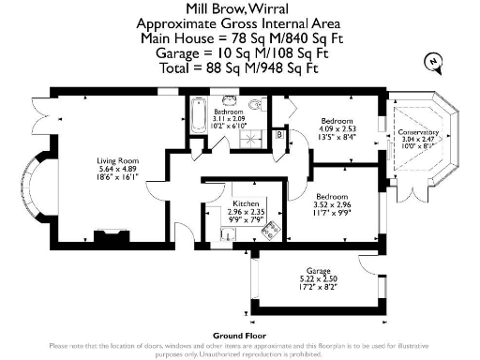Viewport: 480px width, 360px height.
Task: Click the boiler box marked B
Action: click(x=280, y=135)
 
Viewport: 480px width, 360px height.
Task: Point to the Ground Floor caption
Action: click(x=239, y=334)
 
